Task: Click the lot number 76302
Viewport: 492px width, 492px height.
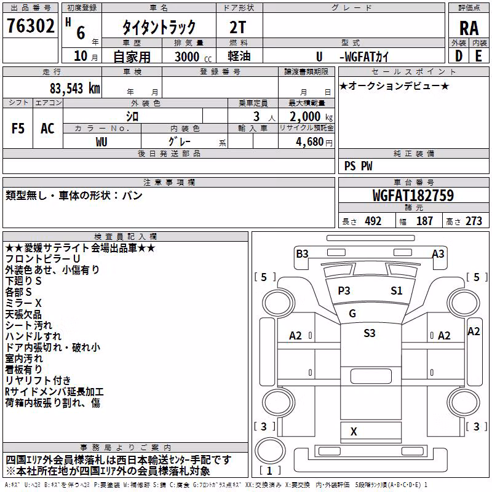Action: tap(31, 26)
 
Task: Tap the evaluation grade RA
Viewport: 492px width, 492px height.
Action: tap(469, 28)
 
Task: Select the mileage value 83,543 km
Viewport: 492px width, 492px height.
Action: tap(75, 89)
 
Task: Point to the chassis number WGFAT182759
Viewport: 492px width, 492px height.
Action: tap(413, 196)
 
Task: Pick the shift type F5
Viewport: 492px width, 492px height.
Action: tap(18, 129)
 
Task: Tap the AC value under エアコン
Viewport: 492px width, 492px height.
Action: tap(47, 129)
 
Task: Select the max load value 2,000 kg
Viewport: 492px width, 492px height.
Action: tap(311, 117)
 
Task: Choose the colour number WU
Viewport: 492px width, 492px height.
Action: tap(101, 142)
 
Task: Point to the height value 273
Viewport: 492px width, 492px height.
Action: tap(474, 221)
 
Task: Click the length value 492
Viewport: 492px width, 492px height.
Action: tap(373, 221)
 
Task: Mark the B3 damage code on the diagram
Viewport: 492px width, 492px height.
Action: tap(302, 254)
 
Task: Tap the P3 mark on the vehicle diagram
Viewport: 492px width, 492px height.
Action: tap(344, 291)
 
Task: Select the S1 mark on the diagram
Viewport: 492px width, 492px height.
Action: tap(396, 291)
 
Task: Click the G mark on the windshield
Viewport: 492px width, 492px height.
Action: tap(352, 314)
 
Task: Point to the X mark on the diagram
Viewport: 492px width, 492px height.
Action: tap(354, 432)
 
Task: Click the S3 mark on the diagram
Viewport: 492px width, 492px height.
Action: tap(370, 333)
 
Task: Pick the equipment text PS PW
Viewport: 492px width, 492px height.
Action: tap(359, 166)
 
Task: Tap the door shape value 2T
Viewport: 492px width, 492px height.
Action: tap(237, 28)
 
